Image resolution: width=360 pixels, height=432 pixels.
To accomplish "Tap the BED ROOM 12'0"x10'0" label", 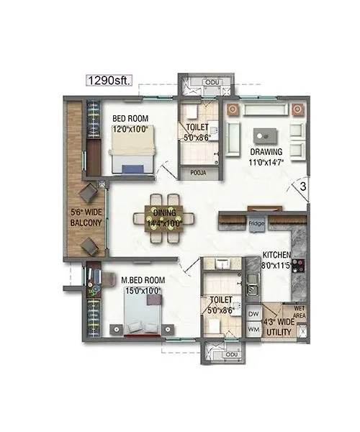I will pyautogui.click(x=130, y=124).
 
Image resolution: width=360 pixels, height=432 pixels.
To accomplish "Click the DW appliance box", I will pyautogui.click(x=253, y=314).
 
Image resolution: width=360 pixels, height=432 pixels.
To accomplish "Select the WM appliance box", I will pyautogui.click(x=253, y=329).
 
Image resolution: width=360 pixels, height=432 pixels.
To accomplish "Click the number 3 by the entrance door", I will pyautogui.click(x=305, y=186).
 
